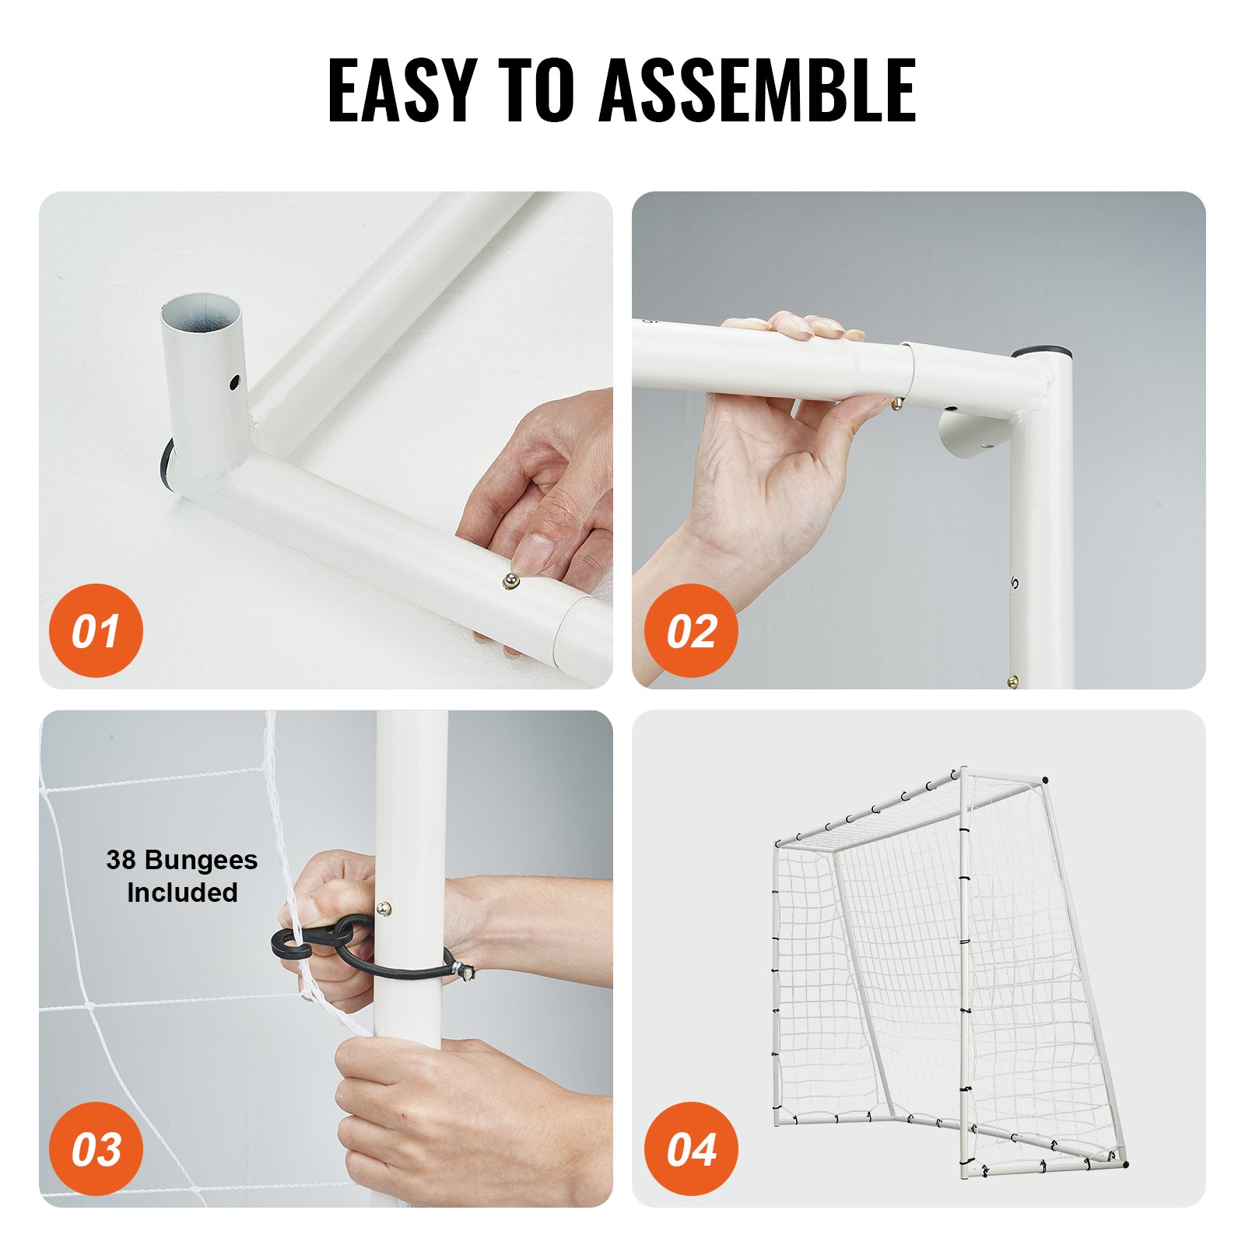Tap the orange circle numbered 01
coord(96,630)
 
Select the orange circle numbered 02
coord(691,630)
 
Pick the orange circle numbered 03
coord(96,1149)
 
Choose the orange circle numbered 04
coord(691,1149)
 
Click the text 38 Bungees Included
coord(182,876)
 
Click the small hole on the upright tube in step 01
coord(233,382)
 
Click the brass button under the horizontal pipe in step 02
coord(897,403)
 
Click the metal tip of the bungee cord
coord(468,970)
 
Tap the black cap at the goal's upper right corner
coord(1044,780)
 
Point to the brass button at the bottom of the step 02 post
coord(1013,682)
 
